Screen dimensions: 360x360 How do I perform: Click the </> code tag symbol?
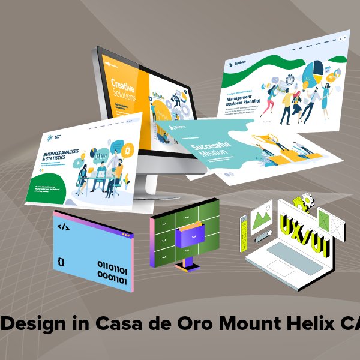click(62, 227)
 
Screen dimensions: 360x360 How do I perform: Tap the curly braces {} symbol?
click(61, 262)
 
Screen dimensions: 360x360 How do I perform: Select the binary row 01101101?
click(112, 265)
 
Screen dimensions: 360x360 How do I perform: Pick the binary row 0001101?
click(112, 278)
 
